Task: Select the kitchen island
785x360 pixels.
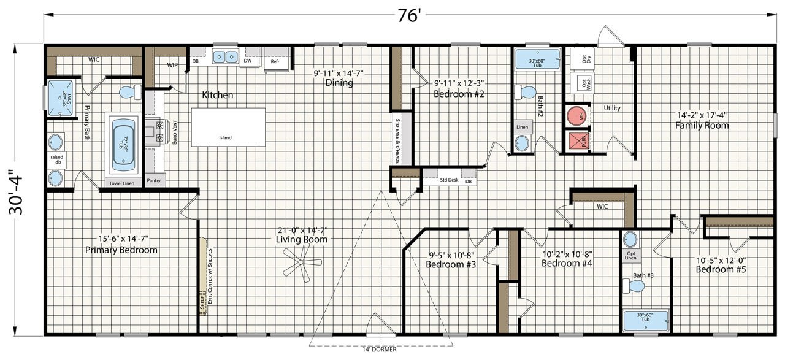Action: [x=228, y=128]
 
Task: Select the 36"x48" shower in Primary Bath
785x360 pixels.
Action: [x=60, y=97]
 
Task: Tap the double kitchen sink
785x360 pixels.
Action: [x=225, y=57]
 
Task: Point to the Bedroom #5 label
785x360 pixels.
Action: [x=720, y=269]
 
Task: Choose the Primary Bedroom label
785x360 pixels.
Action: [x=121, y=250]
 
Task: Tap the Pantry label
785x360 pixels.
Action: [x=153, y=182]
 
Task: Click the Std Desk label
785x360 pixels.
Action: [x=448, y=180]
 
